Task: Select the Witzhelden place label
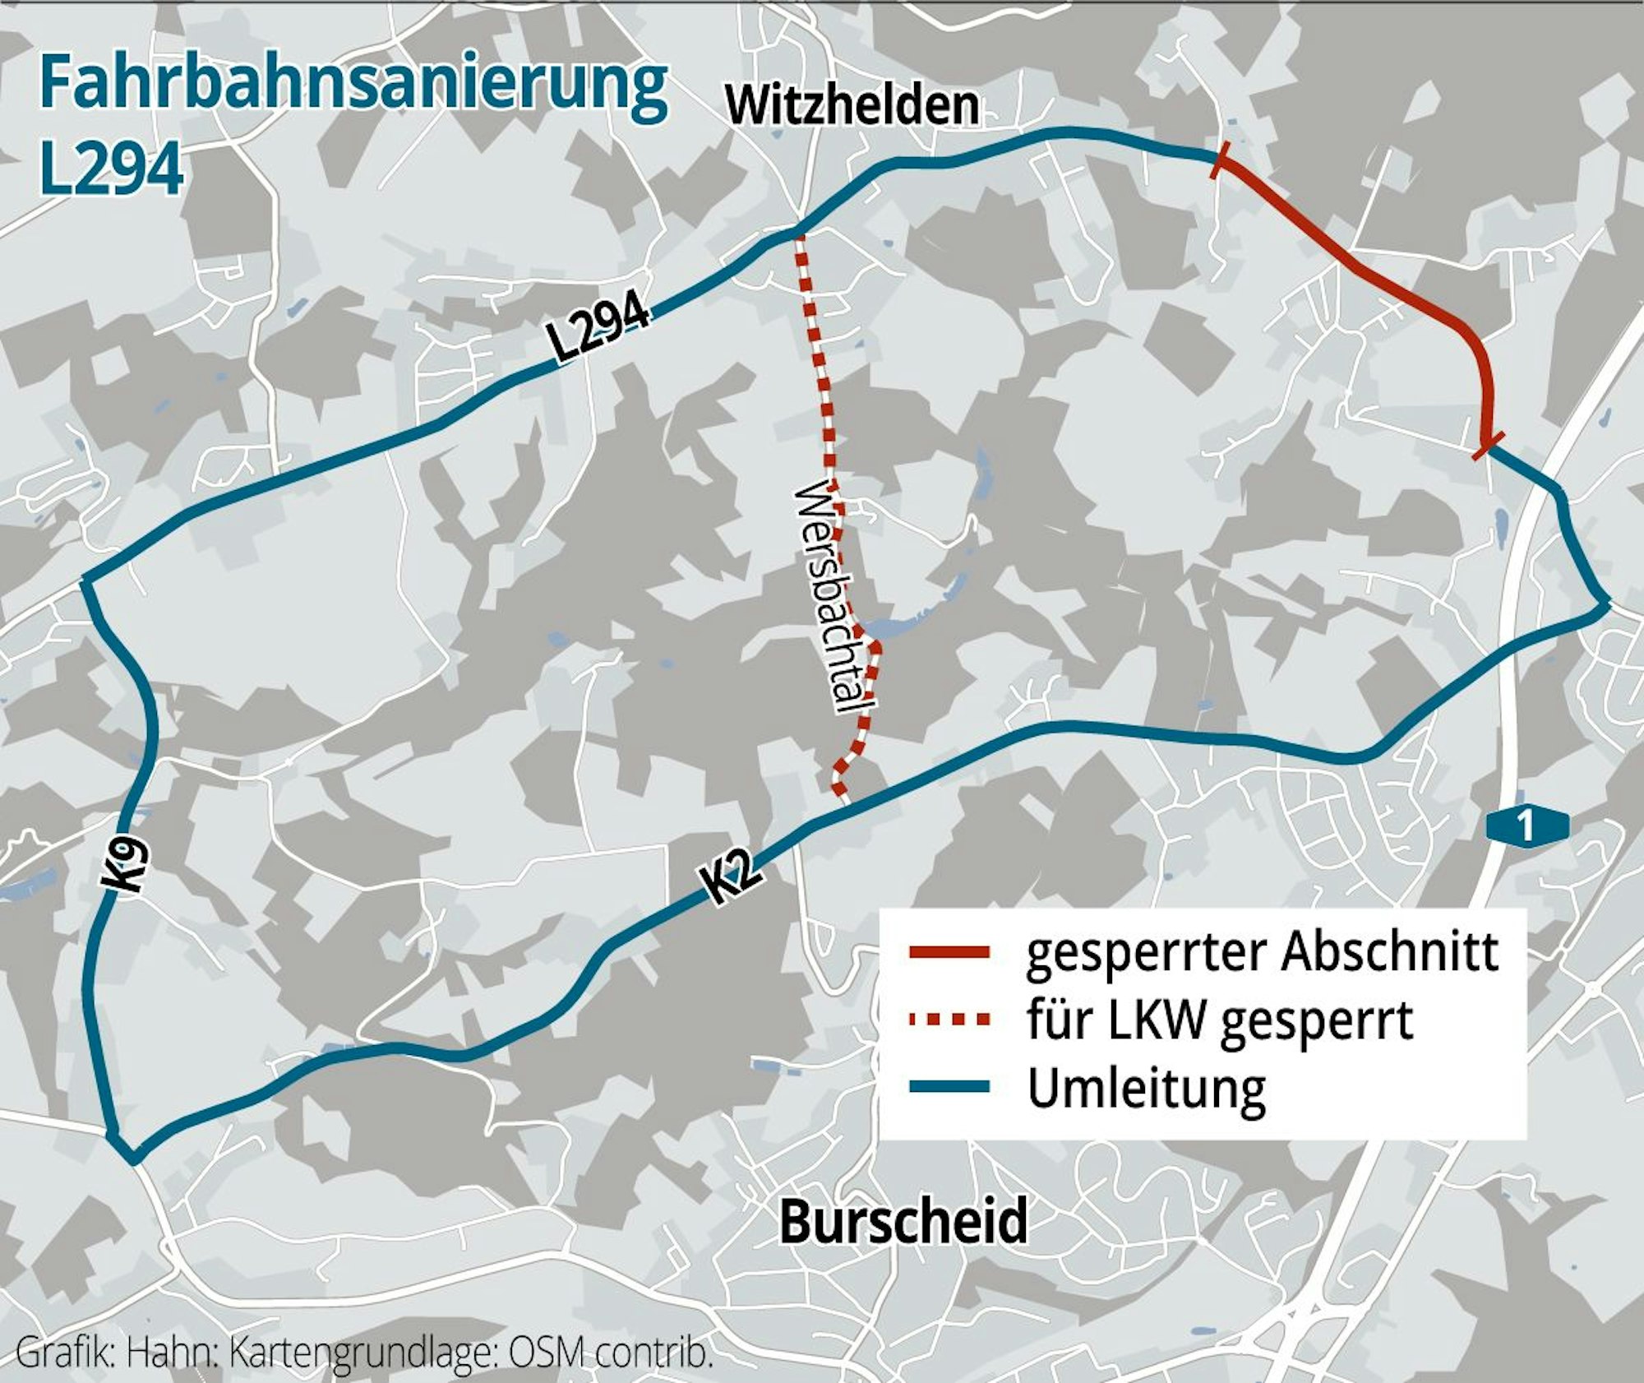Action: pos(852,106)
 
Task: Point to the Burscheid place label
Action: pos(903,1220)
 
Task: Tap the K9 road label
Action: pos(127,865)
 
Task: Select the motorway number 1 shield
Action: pos(1526,826)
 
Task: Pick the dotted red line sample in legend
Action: pos(949,1020)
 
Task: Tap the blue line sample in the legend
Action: pos(949,1087)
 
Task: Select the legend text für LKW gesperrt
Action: pos(1220,1020)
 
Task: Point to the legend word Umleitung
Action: pos(1147,1089)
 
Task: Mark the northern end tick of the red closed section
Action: pos(1220,160)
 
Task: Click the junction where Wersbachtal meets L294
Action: pos(797,234)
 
